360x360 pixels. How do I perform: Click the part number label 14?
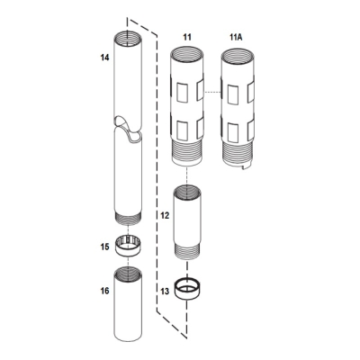104,57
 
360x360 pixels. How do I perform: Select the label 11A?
237,36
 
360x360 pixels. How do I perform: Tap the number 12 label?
164,216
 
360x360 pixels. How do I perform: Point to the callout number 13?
164,291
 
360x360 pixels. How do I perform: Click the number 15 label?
104,245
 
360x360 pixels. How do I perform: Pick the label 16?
104,291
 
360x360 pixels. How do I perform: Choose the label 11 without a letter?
187,36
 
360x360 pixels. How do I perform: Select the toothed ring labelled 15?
130,244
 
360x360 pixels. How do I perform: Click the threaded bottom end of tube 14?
130,217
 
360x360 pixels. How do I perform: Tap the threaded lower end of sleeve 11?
187,155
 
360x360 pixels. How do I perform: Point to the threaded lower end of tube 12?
186,251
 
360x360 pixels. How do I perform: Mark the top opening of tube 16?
130,274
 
